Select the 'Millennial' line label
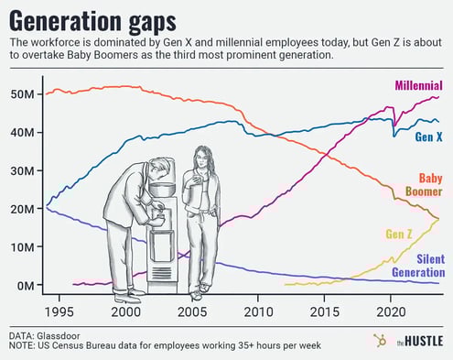click(x=419, y=85)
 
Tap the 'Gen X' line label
click(x=428, y=136)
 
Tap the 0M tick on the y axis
click(x=26, y=286)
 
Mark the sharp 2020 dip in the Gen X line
click(x=394, y=136)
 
